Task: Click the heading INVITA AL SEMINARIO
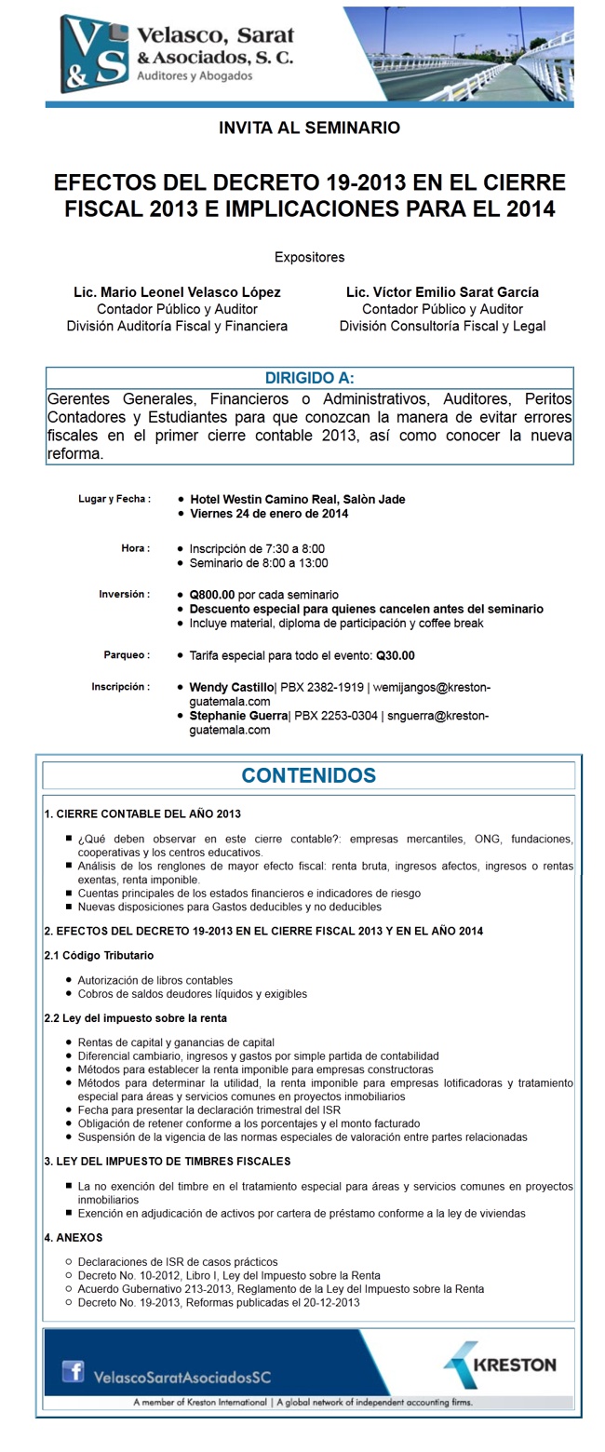coord(309,128)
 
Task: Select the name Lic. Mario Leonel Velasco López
coord(177,292)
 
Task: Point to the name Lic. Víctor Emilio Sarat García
coord(442,292)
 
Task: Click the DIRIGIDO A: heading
coord(309,378)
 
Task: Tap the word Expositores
coord(309,257)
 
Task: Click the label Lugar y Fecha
coord(114,500)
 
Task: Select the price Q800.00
coord(212,595)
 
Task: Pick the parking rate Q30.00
coord(396,655)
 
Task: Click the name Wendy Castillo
coord(231,688)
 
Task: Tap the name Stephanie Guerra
coord(238,717)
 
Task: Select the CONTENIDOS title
coord(309,775)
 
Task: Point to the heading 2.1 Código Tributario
coord(100,956)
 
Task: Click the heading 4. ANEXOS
coord(74,1238)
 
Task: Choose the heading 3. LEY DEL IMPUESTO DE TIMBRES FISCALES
coord(168,1162)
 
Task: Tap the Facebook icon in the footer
coord(73,1371)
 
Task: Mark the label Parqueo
coord(127,655)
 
